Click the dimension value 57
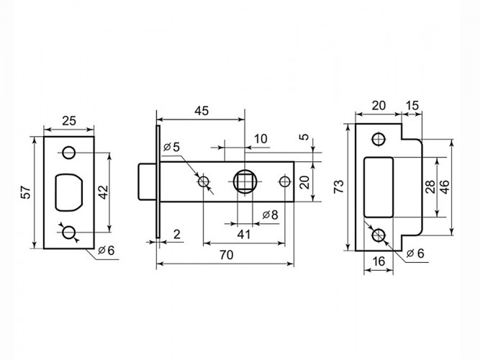pos(26,192)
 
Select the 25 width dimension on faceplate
pos(69,121)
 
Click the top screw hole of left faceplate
pos(69,152)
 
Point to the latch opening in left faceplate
pos(70,192)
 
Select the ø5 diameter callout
pos(172,147)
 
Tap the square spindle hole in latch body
pos(244,179)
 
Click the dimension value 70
pos(225,255)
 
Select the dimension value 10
pos(260,138)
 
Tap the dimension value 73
pos(338,187)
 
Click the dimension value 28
pos(430,187)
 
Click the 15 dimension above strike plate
pos(412,104)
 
